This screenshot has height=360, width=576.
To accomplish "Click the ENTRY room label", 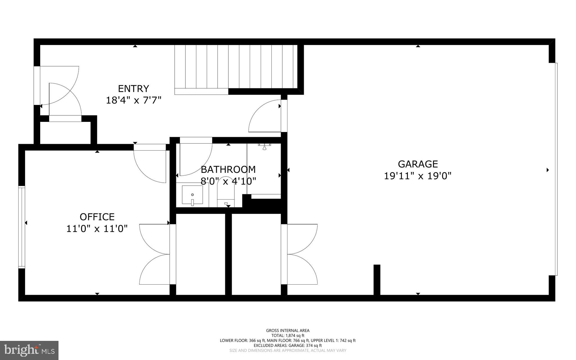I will [133, 89].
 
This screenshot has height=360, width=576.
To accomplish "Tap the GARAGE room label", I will [418, 164].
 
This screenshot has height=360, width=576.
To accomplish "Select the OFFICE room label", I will [97, 217].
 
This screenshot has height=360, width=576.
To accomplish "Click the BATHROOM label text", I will [228, 169].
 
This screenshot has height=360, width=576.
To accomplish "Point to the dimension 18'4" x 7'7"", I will [134, 100].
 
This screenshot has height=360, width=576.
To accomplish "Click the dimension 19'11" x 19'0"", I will [418, 176].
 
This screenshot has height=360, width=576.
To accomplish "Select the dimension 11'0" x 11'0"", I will [97, 229].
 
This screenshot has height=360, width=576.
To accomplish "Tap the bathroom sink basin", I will [192, 195].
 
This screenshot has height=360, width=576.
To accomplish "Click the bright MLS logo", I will [29, 350].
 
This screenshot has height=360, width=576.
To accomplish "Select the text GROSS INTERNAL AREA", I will [288, 330].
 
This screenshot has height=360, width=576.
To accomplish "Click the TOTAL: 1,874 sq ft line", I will [288, 336].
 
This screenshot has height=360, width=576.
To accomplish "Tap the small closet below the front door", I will [65, 133].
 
